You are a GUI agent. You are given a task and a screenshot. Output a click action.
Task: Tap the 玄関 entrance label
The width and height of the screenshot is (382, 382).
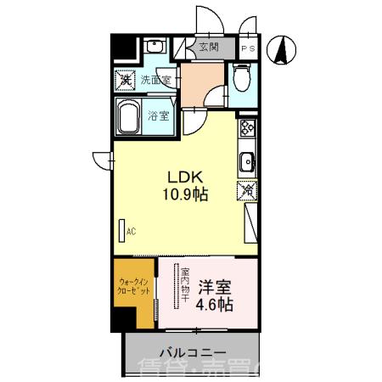point(208,48)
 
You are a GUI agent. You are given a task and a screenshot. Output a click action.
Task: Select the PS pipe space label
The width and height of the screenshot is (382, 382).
point(247,48)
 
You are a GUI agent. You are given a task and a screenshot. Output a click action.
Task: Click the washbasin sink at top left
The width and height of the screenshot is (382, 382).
point(155,46)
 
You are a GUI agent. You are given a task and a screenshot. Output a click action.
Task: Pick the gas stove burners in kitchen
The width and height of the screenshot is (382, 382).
point(248,129)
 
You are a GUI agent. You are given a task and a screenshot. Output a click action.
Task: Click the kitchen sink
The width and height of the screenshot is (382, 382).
point(247,160)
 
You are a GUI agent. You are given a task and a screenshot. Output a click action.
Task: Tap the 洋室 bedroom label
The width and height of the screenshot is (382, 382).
point(213,286)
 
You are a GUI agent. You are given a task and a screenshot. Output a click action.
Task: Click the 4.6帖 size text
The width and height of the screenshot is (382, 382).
point(213,304)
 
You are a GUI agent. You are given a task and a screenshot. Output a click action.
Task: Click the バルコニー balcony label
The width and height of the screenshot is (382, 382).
point(192,351)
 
